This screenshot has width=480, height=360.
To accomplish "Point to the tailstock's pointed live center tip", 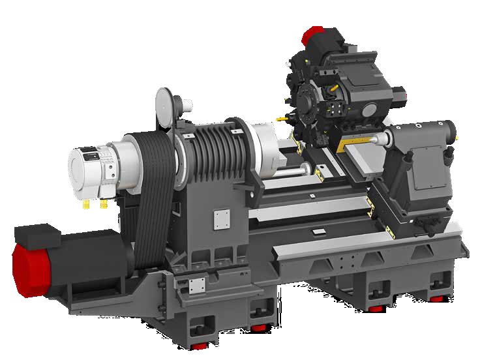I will pos(374,140).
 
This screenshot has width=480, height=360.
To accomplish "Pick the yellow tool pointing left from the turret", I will pos(282,119).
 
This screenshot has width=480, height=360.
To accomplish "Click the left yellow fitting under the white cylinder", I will pos(87,203).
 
